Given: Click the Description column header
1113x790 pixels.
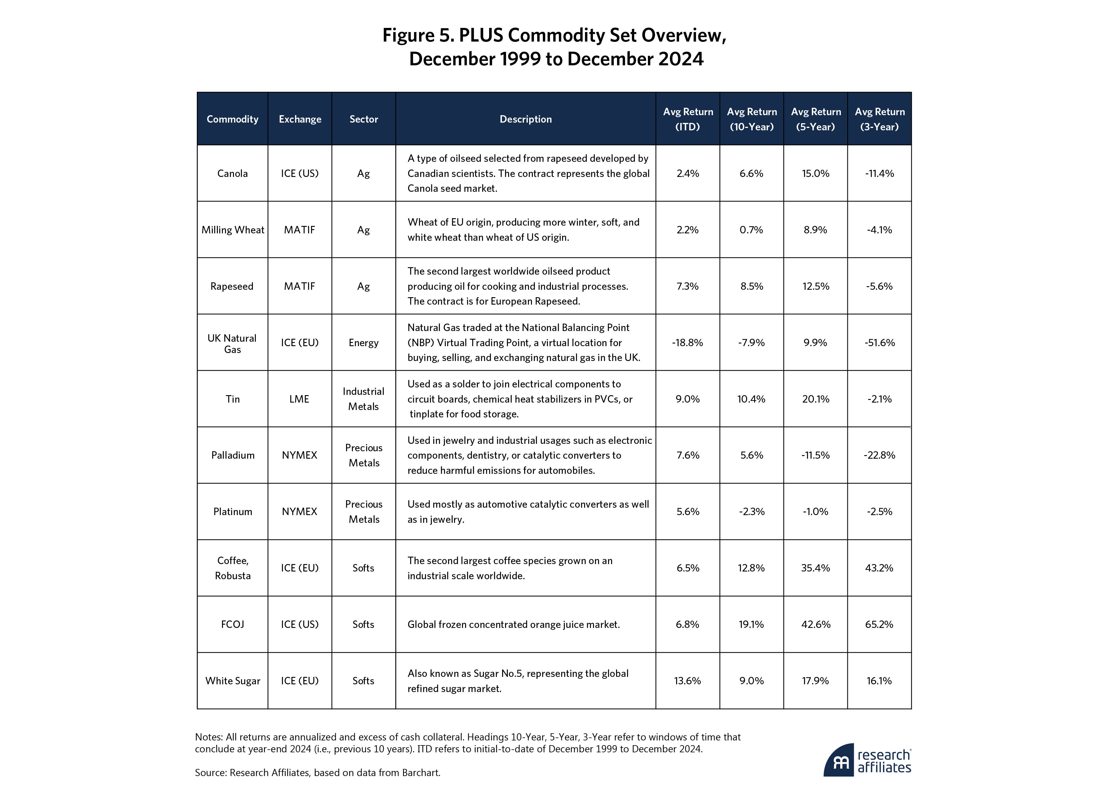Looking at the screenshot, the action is pyautogui.click(x=526, y=119).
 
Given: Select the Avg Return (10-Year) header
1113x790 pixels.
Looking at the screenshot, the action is pyautogui.click(x=752, y=119).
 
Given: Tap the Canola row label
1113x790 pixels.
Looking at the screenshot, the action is pyautogui.click(x=232, y=174).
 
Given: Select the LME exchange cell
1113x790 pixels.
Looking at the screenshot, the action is pyautogui.click(x=299, y=399).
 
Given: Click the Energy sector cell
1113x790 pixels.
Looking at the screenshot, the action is pyautogui.click(x=363, y=343).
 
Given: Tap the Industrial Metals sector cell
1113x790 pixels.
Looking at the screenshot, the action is pyautogui.click(x=363, y=399).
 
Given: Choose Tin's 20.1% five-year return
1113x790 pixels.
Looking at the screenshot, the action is pyautogui.click(x=815, y=399).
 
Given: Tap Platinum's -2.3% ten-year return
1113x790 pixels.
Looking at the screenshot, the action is pyautogui.click(x=752, y=512).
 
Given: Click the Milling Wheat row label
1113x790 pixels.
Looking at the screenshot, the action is pyautogui.click(x=233, y=230).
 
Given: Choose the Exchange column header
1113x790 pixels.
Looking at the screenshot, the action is pyautogui.click(x=300, y=119).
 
